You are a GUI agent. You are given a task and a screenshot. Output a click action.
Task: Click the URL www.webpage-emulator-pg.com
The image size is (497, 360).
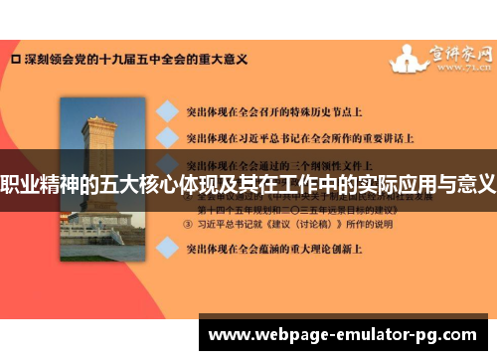coord(347,333)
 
